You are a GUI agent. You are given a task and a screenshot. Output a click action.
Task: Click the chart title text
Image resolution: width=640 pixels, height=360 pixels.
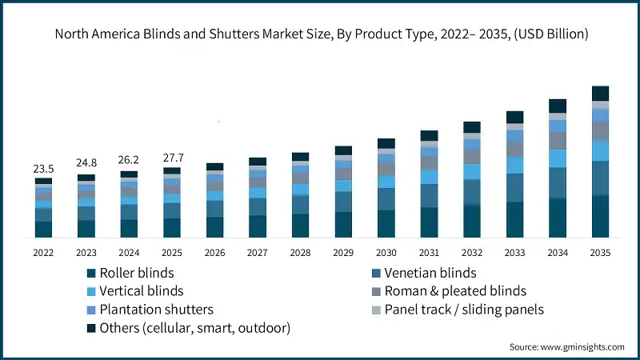320,34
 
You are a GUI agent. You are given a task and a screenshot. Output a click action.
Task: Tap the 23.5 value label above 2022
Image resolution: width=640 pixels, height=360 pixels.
43,169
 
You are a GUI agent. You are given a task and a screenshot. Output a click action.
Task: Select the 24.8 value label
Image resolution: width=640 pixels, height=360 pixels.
86,164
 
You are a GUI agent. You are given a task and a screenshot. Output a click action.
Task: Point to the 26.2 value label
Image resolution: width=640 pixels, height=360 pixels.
129,160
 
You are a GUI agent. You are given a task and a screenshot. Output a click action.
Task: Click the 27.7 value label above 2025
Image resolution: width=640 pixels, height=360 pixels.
171,157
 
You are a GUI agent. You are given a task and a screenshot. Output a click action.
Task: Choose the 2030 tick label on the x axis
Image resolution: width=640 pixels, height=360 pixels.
386,253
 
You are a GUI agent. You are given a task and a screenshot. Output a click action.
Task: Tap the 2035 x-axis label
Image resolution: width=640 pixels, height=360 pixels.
600,253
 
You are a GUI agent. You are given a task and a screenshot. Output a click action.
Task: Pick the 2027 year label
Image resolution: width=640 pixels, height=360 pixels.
258,253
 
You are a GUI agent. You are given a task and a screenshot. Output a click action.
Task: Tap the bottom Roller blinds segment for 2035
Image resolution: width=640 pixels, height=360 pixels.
600,216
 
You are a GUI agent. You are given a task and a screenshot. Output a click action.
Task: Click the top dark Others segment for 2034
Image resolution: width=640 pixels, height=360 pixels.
558,106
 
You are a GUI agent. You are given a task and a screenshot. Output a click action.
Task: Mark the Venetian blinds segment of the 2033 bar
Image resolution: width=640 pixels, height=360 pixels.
514,187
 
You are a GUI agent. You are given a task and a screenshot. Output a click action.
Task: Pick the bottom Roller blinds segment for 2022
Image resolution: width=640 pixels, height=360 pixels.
43,229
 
